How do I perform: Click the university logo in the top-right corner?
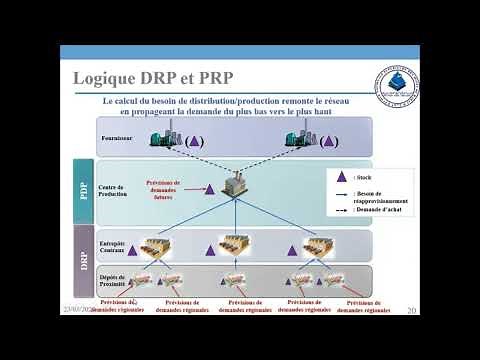pos(392,85)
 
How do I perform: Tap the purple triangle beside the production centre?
pos(210,187)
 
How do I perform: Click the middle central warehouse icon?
pos(233,245)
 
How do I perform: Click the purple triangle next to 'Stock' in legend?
pos(342,176)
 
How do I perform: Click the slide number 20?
pos(411,311)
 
